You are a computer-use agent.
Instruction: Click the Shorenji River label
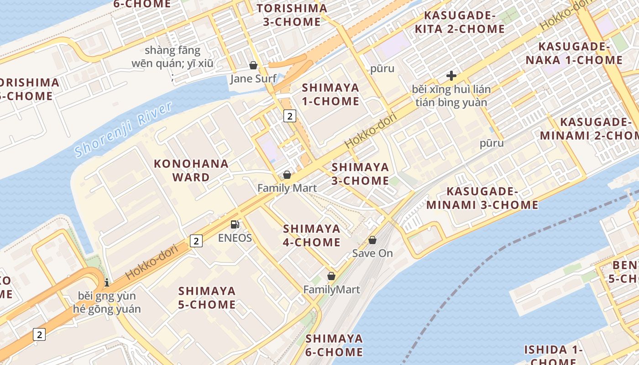(x=123, y=130)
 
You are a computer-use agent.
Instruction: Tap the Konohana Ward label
(x=191, y=170)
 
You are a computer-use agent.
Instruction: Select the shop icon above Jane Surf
(x=253, y=65)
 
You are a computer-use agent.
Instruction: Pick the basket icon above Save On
(x=372, y=240)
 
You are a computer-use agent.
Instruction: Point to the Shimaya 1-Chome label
(x=330, y=94)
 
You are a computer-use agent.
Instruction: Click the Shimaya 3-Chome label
(x=360, y=174)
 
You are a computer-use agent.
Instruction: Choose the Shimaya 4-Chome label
(x=312, y=235)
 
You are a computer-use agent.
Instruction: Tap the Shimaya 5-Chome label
(x=207, y=297)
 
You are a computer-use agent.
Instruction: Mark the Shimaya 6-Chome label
(x=334, y=345)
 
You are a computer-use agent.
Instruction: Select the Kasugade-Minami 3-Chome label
(x=482, y=198)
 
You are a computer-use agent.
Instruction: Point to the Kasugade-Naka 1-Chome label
(x=574, y=53)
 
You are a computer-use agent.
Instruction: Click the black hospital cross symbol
(x=451, y=76)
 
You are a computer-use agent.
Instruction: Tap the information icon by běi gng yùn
(x=107, y=282)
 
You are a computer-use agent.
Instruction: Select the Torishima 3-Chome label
(x=292, y=15)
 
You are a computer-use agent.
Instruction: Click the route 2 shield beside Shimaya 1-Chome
(x=289, y=116)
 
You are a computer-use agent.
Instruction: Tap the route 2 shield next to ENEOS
(x=196, y=240)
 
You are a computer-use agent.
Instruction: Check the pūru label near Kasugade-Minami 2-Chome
(x=492, y=143)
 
